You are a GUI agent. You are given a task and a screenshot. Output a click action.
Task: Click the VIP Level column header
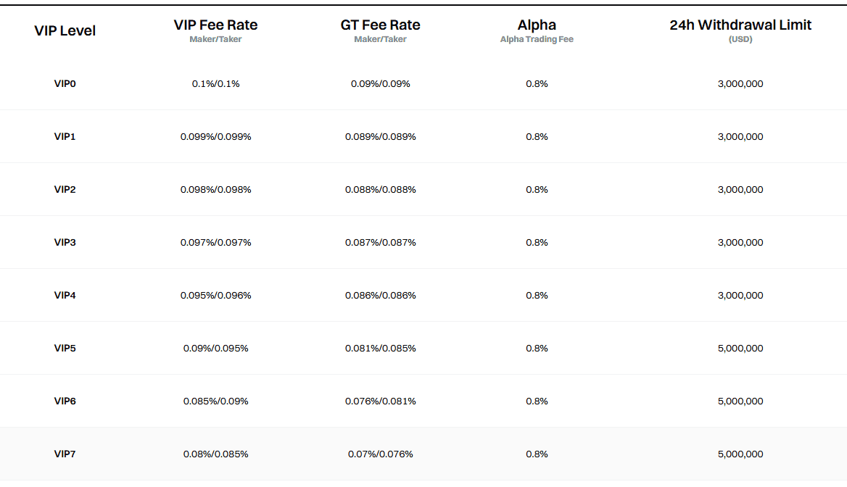coord(65,30)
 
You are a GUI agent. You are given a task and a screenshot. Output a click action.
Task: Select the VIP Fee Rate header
coord(215,25)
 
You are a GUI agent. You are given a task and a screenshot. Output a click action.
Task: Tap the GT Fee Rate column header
coord(380,25)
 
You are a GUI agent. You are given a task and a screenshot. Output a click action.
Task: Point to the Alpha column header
coord(537,25)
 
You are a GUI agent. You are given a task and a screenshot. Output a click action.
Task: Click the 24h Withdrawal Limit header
coord(740,25)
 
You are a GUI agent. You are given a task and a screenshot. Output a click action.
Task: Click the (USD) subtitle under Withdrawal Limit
coord(740,39)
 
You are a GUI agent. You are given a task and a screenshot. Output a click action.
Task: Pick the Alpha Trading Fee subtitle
coord(537,39)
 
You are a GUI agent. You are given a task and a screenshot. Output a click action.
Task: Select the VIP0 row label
coord(65,83)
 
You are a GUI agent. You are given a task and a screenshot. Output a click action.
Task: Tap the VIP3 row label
coord(65,242)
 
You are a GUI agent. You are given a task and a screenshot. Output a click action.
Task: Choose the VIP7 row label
coord(65,454)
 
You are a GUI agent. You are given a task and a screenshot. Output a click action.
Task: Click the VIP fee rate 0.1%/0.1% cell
coord(215,84)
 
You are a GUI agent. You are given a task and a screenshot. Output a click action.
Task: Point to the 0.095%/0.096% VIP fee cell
coord(215,296)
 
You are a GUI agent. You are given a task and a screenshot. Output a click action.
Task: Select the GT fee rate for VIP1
coord(380,137)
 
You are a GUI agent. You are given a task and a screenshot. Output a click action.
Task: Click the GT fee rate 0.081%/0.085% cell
coord(380,349)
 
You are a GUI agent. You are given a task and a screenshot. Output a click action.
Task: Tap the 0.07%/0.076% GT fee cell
coord(380,454)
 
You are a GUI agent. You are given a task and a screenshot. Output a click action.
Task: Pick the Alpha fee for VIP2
coord(537,190)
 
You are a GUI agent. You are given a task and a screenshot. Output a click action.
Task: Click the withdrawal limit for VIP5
coord(740,349)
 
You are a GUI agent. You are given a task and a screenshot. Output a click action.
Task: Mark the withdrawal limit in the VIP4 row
coord(740,296)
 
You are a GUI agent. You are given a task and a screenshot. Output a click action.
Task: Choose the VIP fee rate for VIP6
coord(215,401)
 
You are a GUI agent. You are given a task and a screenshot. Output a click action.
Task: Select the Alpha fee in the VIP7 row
coord(537,454)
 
